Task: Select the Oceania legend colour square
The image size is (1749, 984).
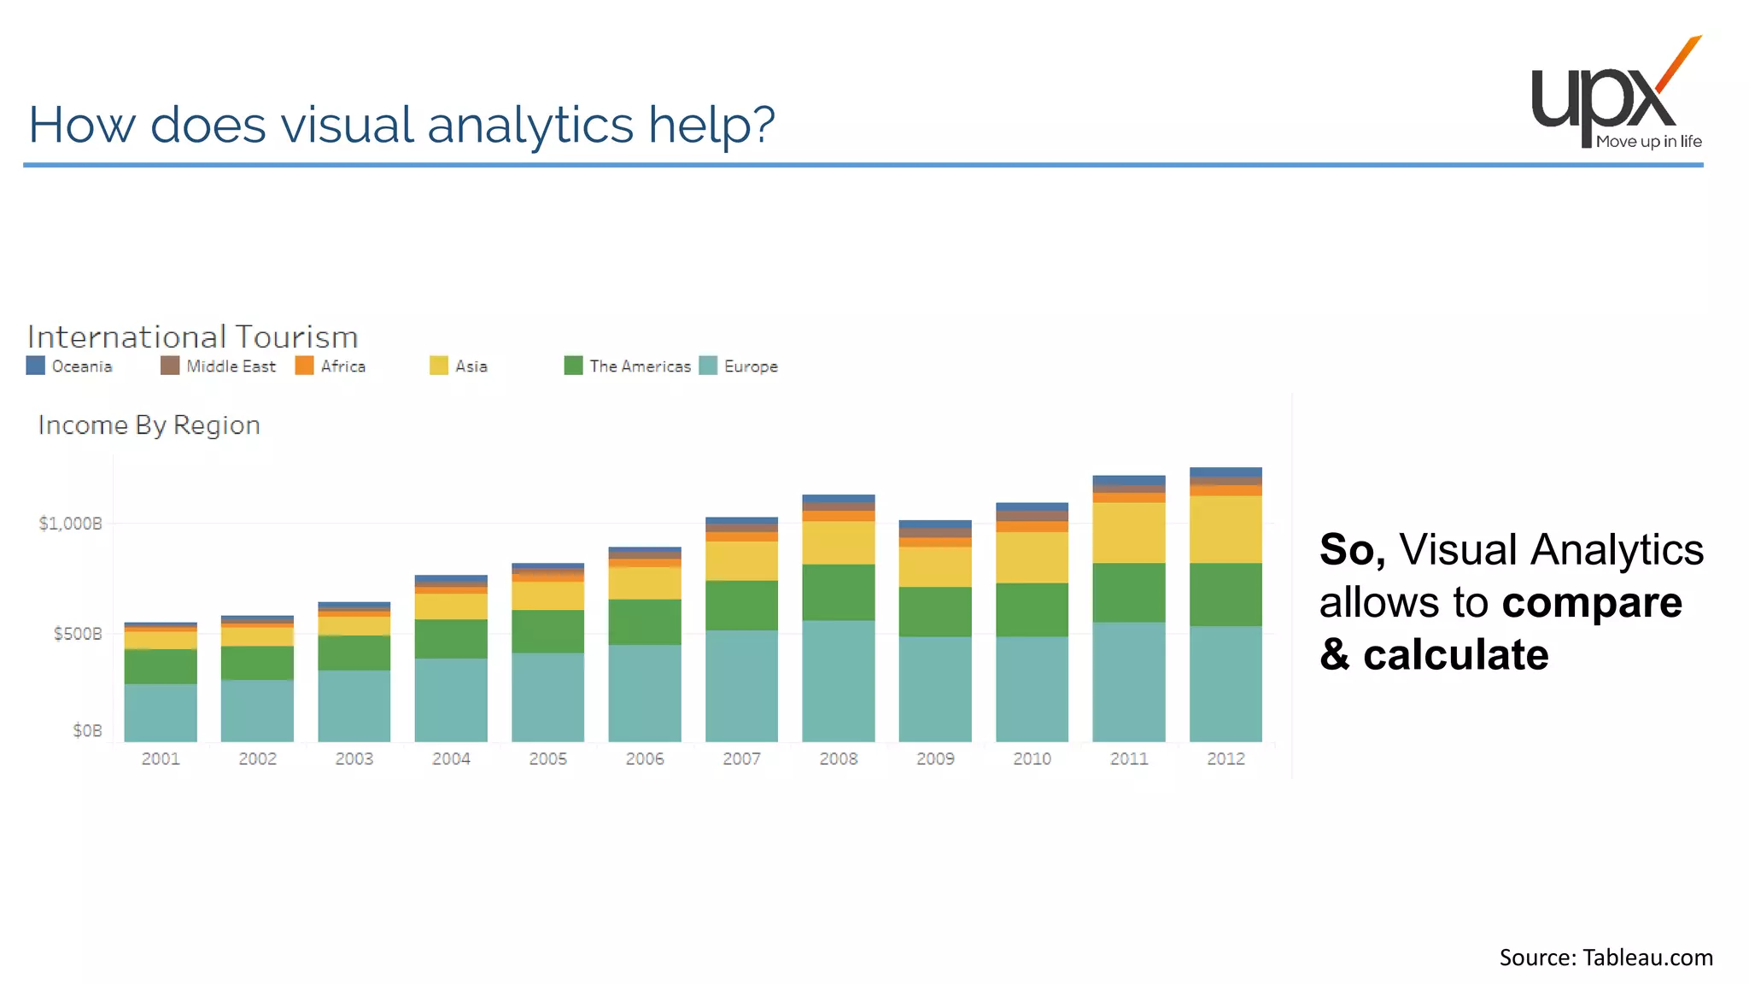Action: point(35,366)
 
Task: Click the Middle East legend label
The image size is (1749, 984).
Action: point(231,366)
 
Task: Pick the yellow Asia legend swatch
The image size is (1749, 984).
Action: point(438,366)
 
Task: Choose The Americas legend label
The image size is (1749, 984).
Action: point(640,366)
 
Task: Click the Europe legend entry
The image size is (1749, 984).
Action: point(751,366)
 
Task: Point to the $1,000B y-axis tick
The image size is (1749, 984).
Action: point(70,524)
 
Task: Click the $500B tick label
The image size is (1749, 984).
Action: point(78,634)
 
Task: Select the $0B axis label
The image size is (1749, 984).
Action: point(87,730)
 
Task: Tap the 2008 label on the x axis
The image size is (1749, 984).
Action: point(838,758)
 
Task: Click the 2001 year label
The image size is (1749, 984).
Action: point(161,758)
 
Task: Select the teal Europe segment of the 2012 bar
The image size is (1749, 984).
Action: point(1225,683)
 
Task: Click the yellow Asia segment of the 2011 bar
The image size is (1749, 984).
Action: point(1128,532)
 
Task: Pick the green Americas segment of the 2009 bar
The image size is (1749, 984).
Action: point(935,612)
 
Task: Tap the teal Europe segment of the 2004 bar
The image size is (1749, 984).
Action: point(451,699)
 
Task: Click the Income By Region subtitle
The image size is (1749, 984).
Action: point(149,425)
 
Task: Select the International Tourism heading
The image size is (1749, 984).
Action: point(192,337)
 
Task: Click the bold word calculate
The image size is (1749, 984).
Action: point(1455,655)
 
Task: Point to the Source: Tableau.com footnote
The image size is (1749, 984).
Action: point(1606,958)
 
